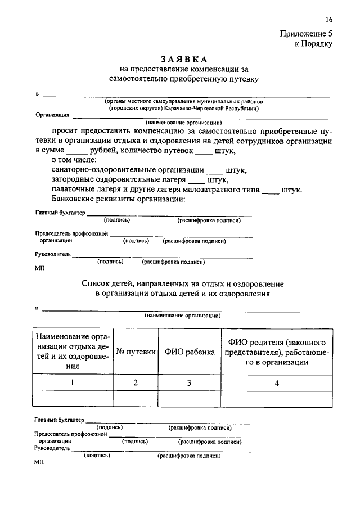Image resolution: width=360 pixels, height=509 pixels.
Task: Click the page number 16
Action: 328,20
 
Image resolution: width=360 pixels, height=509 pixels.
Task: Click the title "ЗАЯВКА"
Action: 184,59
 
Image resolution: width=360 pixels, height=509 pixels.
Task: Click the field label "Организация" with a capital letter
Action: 52,114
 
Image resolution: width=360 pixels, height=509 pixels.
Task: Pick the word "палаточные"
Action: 73,189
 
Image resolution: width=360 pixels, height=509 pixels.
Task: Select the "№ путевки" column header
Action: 136,352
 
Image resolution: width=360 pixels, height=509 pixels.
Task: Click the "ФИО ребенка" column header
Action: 190,352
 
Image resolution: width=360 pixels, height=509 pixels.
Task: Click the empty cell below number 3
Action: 190,398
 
